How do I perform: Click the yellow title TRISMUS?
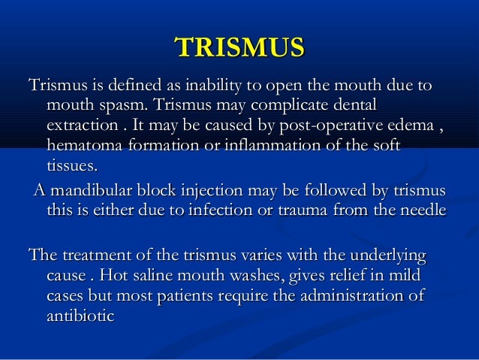tap(239, 47)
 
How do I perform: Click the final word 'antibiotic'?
tap(80, 317)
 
